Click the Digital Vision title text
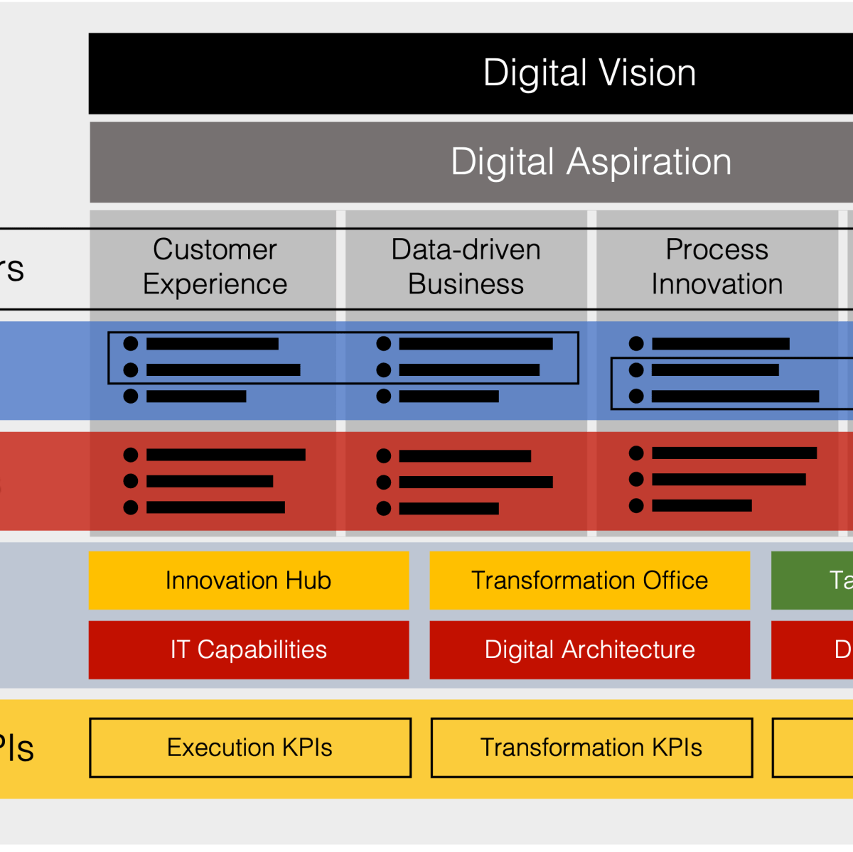tap(589, 73)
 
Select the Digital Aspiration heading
tap(591, 162)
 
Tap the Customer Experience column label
tap(215, 266)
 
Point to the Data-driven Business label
tap(466, 266)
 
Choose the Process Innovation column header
tap(717, 266)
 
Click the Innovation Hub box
tap(249, 581)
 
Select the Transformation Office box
tap(589, 581)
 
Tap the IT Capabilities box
tap(249, 649)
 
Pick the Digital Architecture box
tap(589, 649)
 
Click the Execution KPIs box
tap(250, 748)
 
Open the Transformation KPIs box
tap(591, 748)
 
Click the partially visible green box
tap(812, 581)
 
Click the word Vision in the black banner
tap(647, 73)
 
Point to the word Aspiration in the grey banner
tap(649, 162)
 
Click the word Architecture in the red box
tap(628, 649)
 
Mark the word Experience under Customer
tap(215, 284)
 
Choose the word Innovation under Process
tap(717, 284)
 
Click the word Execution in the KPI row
tap(221, 748)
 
